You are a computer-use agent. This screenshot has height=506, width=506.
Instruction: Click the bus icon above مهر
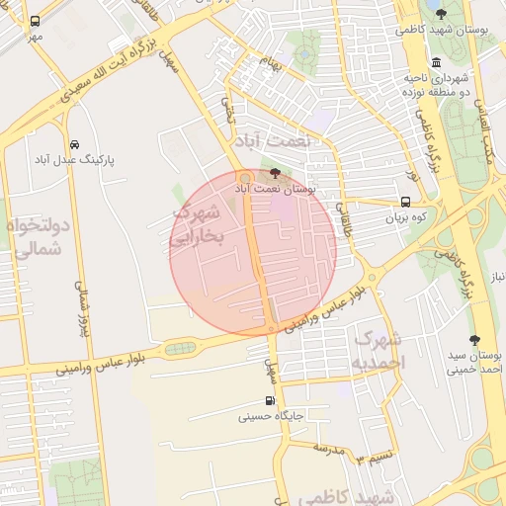click(36, 21)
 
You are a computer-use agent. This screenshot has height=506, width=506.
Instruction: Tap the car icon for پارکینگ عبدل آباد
click(75, 143)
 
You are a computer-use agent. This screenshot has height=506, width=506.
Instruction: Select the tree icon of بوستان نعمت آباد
click(274, 172)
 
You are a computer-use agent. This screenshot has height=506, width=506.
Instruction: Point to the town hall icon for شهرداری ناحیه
click(436, 62)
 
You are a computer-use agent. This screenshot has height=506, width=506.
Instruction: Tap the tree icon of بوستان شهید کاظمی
click(441, 14)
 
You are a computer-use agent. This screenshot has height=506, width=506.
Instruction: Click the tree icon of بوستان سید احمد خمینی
click(474, 339)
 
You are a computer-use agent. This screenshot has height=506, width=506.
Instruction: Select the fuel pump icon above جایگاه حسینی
click(271, 401)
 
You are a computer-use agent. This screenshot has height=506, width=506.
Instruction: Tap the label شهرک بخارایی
click(200, 225)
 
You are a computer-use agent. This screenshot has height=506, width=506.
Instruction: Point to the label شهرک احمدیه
click(379, 351)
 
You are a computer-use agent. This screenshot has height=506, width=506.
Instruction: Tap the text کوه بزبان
click(405, 215)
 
